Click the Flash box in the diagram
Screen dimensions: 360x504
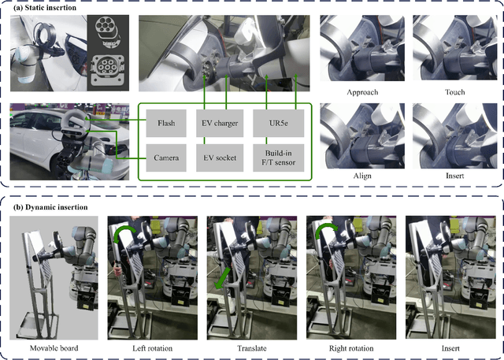tap(165, 122)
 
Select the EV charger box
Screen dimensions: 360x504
tap(220, 122)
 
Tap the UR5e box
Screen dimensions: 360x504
tap(276, 122)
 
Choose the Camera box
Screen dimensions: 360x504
tap(165, 158)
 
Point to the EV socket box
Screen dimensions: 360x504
tap(220, 158)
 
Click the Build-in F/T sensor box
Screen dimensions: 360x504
tap(276, 158)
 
